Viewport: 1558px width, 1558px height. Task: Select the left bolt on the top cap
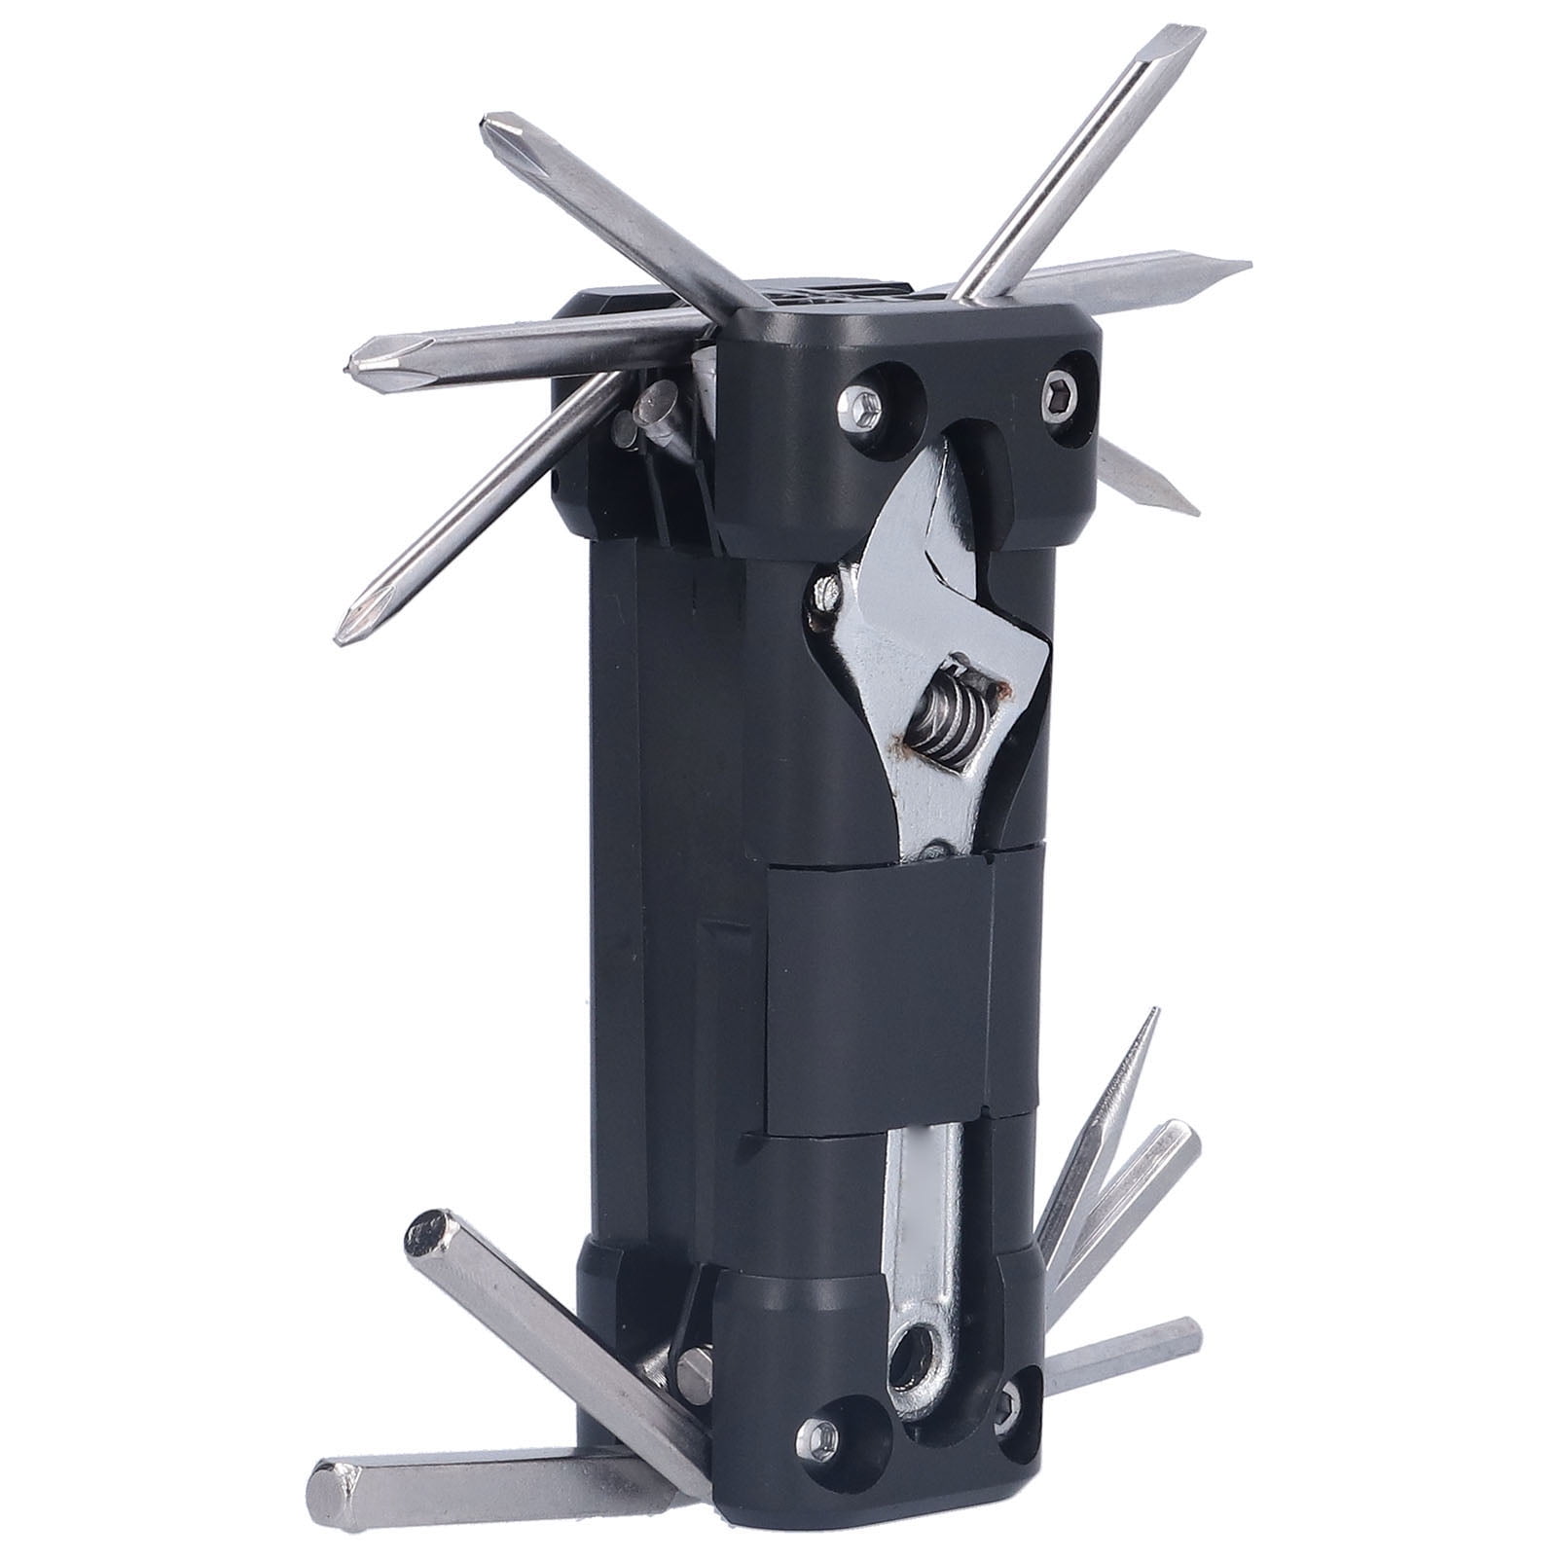860,403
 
